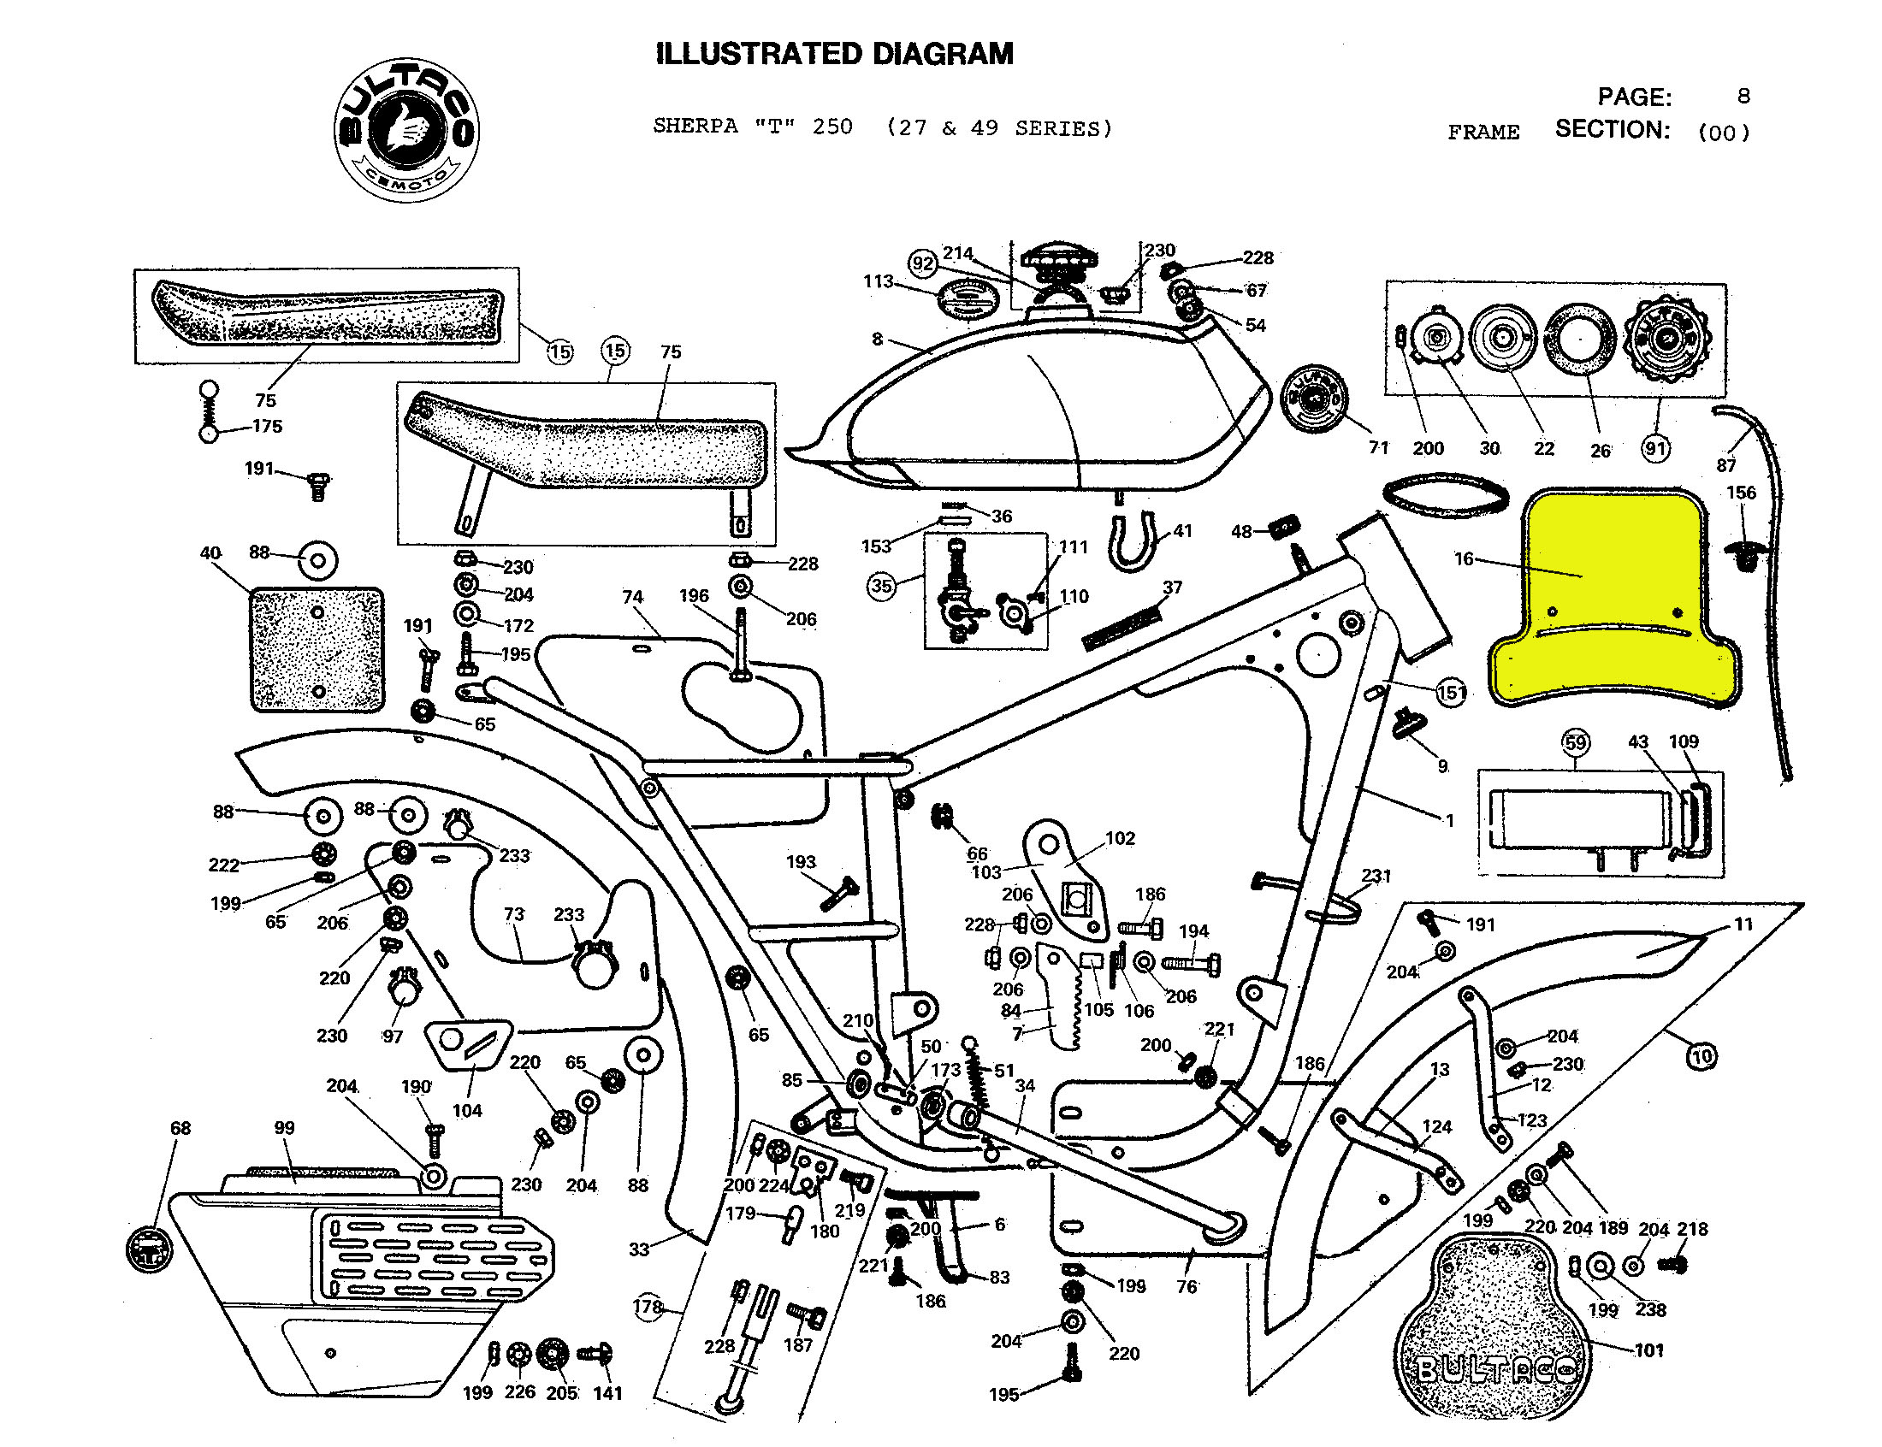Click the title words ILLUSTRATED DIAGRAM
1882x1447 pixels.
[834, 53]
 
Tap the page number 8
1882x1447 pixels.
[1743, 96]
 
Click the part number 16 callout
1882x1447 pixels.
[1464, 559]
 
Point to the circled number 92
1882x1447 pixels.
[922, 263]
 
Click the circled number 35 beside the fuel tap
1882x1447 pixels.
[881, 587]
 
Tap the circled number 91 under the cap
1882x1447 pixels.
[1655, 449]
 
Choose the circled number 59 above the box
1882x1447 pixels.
[1576, 742]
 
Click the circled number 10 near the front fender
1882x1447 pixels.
[1701, 1057]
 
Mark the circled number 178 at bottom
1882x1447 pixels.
[648, 1307]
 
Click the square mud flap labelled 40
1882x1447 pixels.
[317, 650]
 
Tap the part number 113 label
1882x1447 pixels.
[878, 281]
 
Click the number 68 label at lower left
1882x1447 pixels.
[180, 1128]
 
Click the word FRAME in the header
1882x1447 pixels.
[1483, 133]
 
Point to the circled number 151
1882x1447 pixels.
[1452, 693]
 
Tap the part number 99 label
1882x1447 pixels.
[284, 1128]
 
